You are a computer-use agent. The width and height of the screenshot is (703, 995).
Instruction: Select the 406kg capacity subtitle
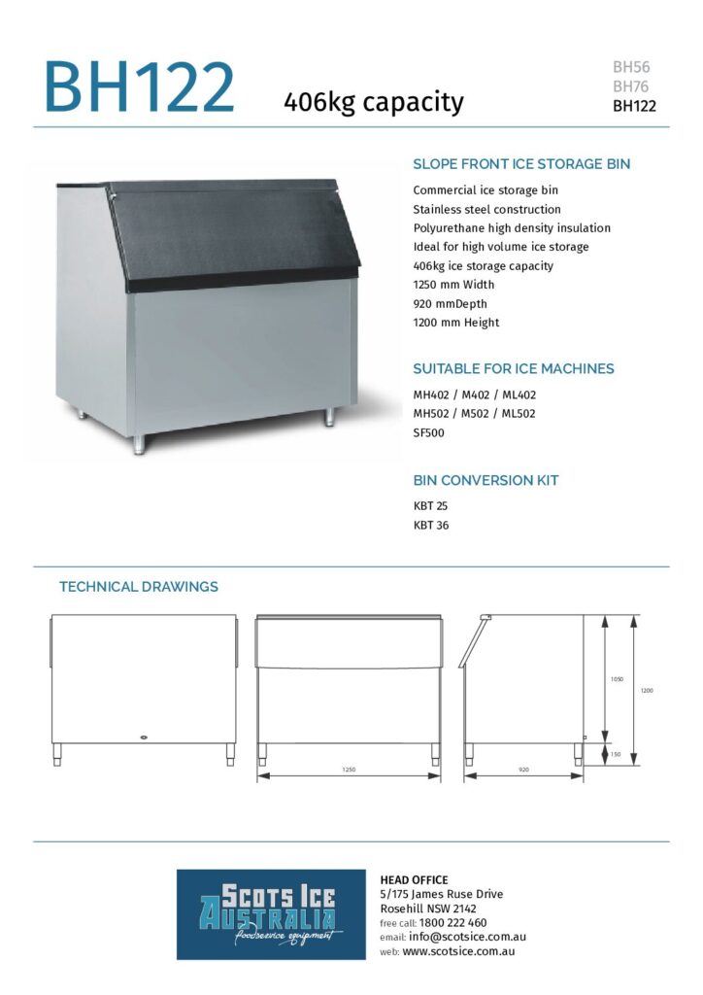point(373,101)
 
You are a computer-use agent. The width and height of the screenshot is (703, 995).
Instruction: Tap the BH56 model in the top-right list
point(631,67)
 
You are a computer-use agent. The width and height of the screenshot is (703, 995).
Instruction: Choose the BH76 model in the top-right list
point(631,86)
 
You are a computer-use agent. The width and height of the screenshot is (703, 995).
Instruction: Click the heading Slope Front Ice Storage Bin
point(521,164)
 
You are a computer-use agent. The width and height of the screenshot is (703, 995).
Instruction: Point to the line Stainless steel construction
point(486,209)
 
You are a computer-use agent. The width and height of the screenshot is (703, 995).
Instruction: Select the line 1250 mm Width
point(453,285)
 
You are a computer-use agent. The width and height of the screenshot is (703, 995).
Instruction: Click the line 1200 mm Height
point(456,323)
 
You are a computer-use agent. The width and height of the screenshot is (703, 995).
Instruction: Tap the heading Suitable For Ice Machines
point(514,369)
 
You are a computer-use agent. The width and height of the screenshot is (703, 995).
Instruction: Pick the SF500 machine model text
point(429,432)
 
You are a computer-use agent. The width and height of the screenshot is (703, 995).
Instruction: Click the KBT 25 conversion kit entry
point(430,506)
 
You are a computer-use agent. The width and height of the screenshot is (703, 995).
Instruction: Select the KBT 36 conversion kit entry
point(430,526)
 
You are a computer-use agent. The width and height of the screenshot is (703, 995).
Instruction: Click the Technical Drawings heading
point(139,587)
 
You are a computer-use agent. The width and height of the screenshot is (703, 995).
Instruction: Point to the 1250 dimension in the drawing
point(349,770)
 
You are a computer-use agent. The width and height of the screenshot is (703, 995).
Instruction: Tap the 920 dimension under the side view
point(524,770)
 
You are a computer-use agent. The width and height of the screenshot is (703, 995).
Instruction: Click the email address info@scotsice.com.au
point(465,937)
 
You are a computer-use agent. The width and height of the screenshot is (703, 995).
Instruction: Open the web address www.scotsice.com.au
point(458,951)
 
